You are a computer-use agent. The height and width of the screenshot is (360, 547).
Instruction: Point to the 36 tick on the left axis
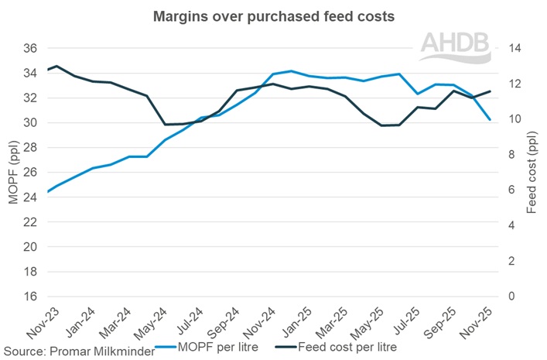pos(29,48)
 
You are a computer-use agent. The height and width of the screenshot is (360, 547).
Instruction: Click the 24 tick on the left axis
pos(29,197)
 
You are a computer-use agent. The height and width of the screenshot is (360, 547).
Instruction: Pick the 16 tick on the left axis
pos(29,297)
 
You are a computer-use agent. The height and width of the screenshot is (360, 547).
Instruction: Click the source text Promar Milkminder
pos(77,351)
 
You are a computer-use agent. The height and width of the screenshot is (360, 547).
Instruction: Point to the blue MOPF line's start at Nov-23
pos(48,191)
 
